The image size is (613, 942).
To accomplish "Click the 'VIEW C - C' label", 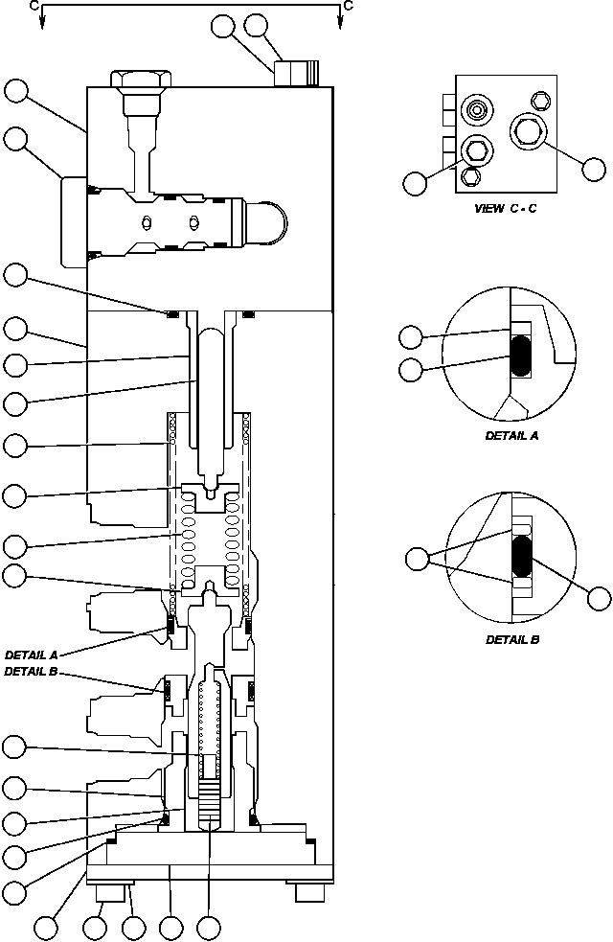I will [x=505, y=208].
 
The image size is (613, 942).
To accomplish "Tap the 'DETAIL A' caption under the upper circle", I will [x=512, y=434].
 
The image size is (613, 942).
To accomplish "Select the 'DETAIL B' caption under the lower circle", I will [x=512, y=638].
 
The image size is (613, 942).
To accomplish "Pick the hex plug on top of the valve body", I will [x=141, y=80].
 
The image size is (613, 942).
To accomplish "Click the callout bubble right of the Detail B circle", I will [x=599, y=599].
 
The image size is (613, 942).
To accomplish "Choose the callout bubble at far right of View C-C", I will [x=594, y=170].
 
